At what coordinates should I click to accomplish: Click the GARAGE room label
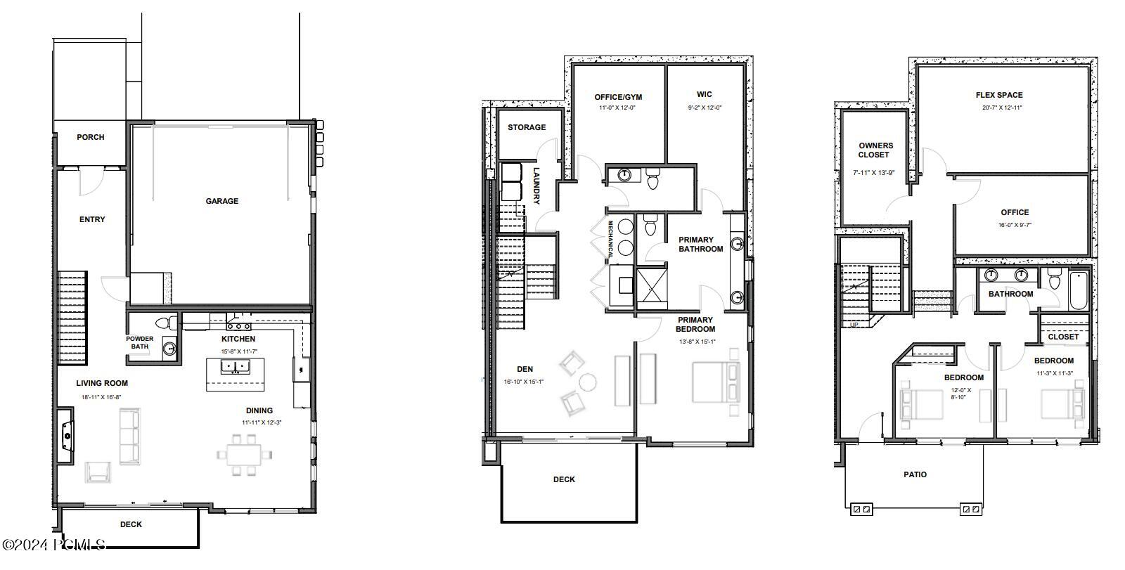[x=221, y=201]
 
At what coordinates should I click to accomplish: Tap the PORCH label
[x=91, y=137]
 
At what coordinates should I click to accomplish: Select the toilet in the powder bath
[x=165, y=323]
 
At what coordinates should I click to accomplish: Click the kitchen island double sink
[x=235, y=366]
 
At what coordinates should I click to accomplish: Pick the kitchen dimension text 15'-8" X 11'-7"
[x=238, y=351]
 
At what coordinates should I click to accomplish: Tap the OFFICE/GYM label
[x=618, y=97]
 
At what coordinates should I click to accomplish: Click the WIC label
[x=705, y=94]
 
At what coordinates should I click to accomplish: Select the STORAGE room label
[x=527, y=127]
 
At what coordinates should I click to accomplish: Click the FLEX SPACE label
[x=999, y=95]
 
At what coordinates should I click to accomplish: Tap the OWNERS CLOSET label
[x=875, y=150]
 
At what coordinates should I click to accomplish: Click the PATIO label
[x=915, y=474]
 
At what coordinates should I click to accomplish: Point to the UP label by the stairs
[x=854, y=325]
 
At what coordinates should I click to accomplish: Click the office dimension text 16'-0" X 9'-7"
[x=1014, y=226]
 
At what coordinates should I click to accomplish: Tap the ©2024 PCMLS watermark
[x=54, y=544]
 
